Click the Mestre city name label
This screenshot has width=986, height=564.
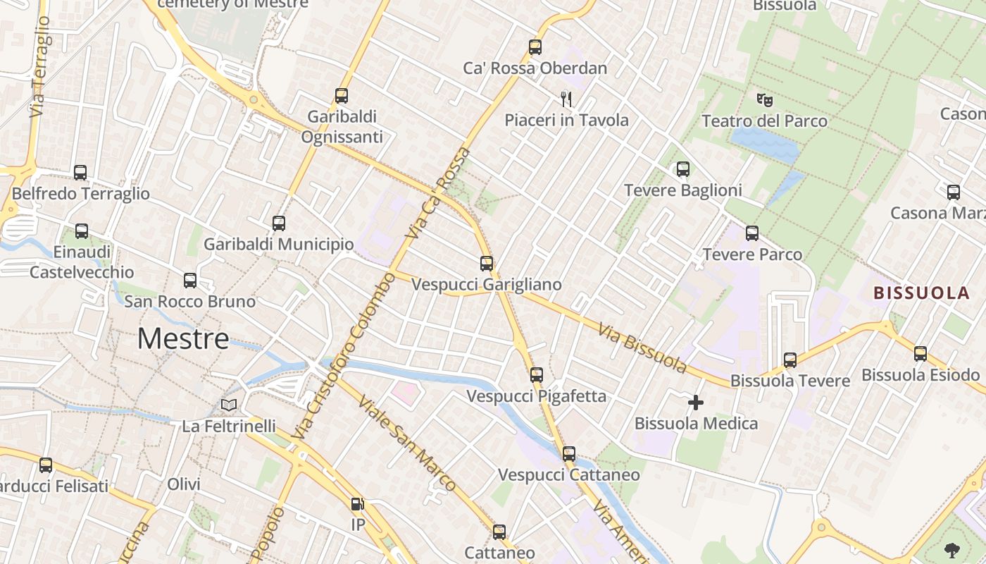click(183, 339)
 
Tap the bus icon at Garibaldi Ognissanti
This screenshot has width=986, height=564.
click(342, 96)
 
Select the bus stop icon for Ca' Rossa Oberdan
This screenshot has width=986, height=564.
click(535, 47)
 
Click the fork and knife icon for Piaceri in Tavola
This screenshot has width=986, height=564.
click(566, 99)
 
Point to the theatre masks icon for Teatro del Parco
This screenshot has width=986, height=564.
click(764, 99)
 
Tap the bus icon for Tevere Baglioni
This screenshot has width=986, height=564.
click(682, 169)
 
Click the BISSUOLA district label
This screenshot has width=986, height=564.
click(921, 293)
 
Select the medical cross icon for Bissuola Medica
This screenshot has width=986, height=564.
click(696, 403)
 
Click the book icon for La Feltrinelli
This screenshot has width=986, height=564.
click(229, 405)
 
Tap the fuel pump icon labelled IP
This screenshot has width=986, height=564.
click(358, 504)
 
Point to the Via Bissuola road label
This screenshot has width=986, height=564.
click(642, 348)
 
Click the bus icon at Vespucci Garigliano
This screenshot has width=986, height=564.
click(487, 264)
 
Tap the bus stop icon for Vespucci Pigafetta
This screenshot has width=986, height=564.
click(537, 375)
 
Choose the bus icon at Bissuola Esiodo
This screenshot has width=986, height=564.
click(920, 354)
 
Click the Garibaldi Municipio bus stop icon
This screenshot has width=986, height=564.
click(279, 223)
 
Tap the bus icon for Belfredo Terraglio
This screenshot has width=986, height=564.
click(80, 173)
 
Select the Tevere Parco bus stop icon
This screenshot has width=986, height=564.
click(752, 233)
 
